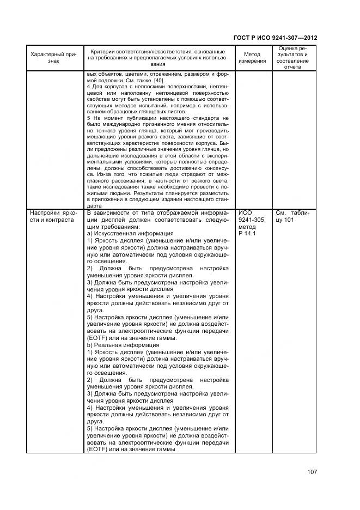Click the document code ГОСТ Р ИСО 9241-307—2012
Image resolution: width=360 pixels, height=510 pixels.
coord(275,38)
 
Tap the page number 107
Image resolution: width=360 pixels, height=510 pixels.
coord(312,472)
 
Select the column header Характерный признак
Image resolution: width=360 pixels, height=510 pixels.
coord(53,57)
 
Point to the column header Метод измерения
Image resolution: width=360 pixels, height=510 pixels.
coord(252,57)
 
